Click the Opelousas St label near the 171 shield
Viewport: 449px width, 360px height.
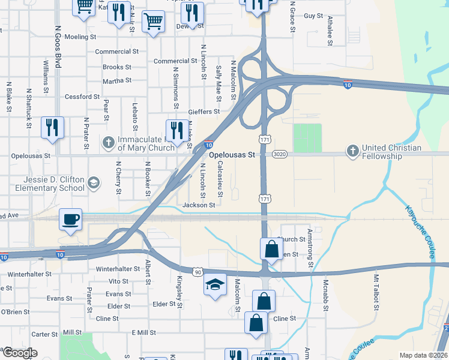[x=232, y=154]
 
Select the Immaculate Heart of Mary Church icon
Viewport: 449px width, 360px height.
[x=108, y=143]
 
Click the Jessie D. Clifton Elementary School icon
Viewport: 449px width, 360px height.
[x=93, y=182]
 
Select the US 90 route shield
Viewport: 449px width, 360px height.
[x=197, y=272]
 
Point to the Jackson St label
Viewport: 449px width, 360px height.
[x=199, y=205]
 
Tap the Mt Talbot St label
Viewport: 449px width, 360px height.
[x=376, y=293]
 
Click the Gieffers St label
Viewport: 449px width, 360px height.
[x=204, y=111]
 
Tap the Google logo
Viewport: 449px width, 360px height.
[x=19, y=353]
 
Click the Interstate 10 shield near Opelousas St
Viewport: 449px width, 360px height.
[x=208, y=145]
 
